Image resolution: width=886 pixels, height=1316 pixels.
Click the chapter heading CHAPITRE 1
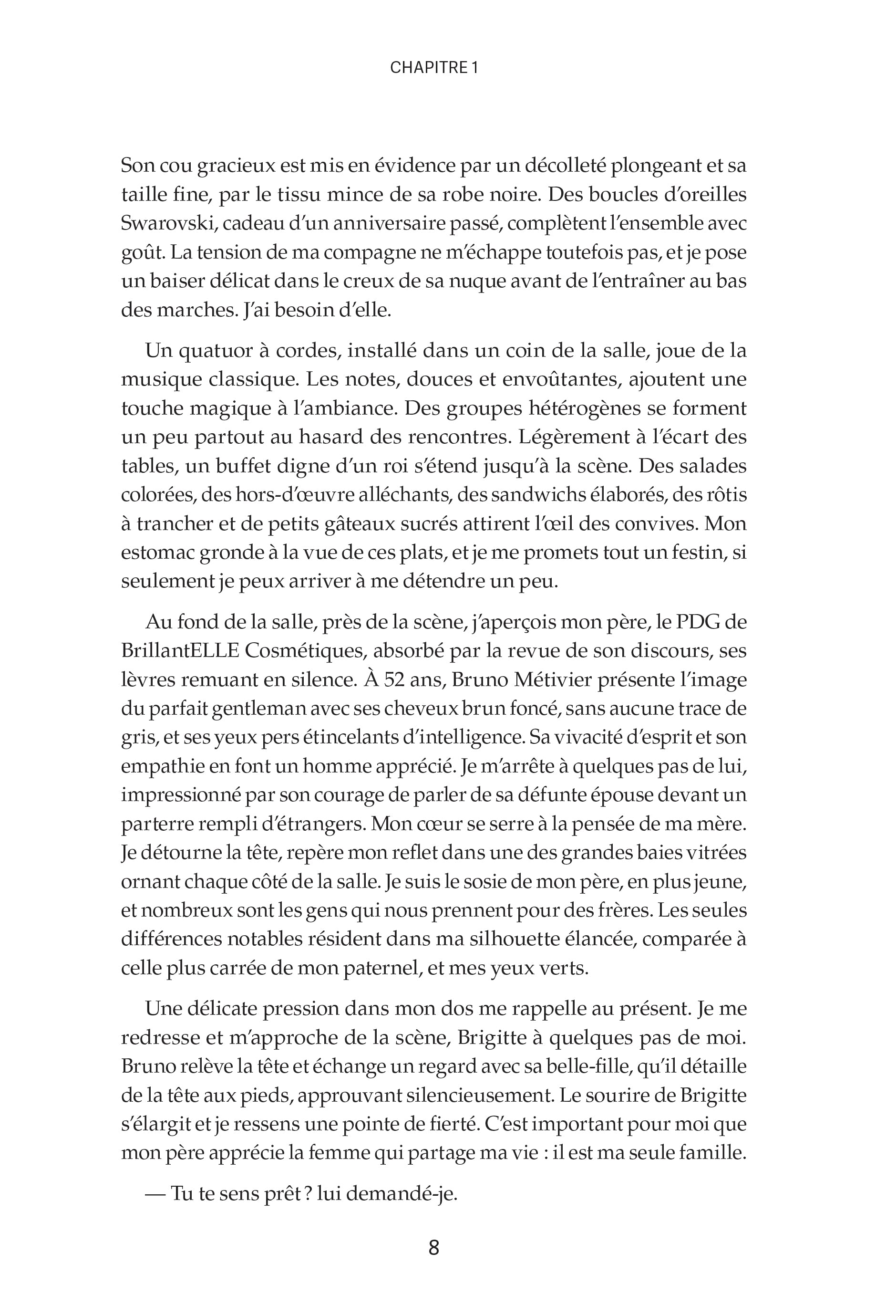pyautogui.click(x=434, y=68)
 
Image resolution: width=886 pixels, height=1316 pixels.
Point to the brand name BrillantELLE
pyautogui.click(x=180, y=651)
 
